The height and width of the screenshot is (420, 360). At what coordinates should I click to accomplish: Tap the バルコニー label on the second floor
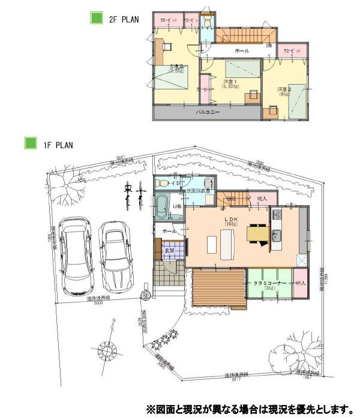tap(208, 112)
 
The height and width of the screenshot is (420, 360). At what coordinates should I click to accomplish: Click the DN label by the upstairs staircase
tap(269, 46)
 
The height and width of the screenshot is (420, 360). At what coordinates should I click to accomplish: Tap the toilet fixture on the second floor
tap(207, 23)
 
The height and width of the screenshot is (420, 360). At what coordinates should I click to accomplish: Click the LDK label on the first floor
tap(232, 220)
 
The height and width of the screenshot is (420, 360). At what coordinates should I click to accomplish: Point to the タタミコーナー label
tap(268, 282)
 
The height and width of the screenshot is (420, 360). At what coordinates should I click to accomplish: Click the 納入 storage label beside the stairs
tap(262, 198)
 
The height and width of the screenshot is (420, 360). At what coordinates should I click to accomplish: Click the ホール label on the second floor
tap(242, 50)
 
